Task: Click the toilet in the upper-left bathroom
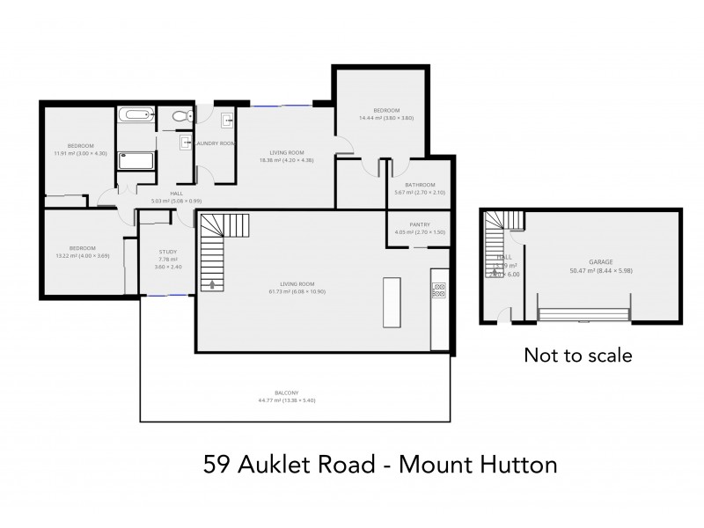click(x=179, y=116)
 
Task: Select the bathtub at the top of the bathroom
click(x=136, y=114)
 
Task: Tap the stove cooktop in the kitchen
click(x=437, y=290)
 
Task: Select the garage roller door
click(x=583, y=314)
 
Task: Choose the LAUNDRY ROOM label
click(x=215, y=143)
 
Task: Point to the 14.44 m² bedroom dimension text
click(x=385, y=118)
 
